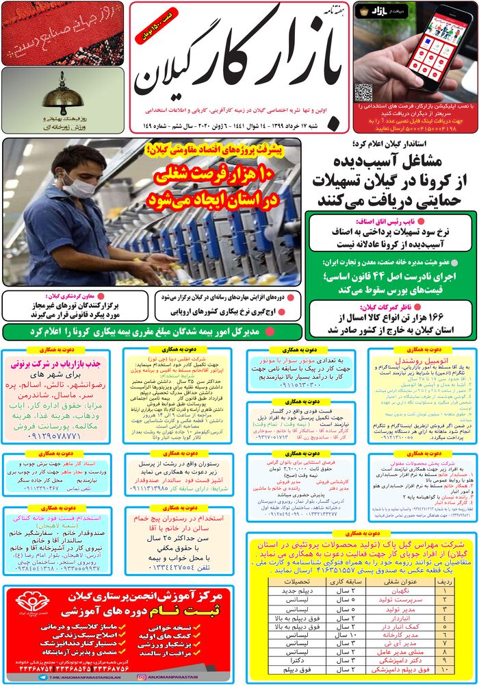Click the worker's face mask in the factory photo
click(75, 184)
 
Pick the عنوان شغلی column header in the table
click(403, 580)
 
